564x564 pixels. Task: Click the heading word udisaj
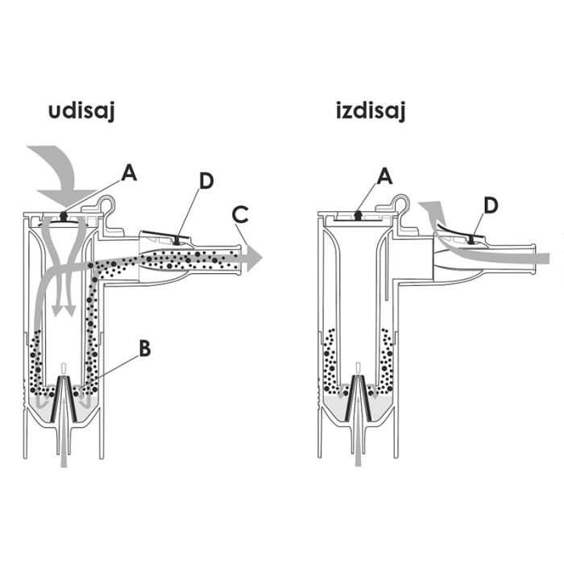click(x=81, y=111)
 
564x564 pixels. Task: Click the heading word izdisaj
click(x=371, y=110)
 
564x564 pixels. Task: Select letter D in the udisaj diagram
click(x=206, y=181)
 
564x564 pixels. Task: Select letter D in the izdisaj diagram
click(x=491, y=205)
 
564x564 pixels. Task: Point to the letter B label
click(x=144, y=348)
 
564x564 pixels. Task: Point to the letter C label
click(x=240, y=215)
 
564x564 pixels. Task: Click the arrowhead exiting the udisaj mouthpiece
click(x=255, y=258)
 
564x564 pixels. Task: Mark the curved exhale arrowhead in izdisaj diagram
click(x=433, y=210)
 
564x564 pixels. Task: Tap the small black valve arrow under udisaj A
click(x=64, y=216)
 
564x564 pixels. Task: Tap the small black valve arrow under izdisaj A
click(x=358, y=215)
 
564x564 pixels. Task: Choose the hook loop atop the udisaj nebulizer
click(x=108, y=204)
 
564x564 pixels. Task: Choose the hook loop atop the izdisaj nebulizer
click(x=402, y=203)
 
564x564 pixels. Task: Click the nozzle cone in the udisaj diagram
click(x=64, y=399)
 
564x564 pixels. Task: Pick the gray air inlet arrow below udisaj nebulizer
click(x=64, y=432)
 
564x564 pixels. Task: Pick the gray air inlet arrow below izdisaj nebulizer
click(x=358, y=431)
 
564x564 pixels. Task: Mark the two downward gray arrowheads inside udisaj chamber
click(x=64, y=310)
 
